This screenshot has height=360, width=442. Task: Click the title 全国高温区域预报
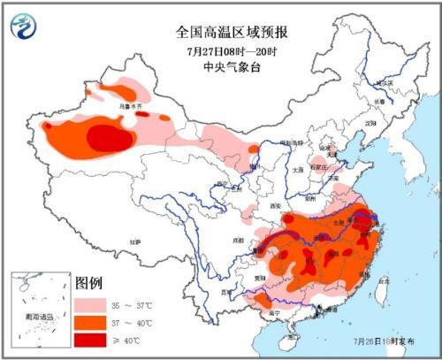pos(232,33)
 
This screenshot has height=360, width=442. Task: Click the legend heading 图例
pos(89,284)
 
